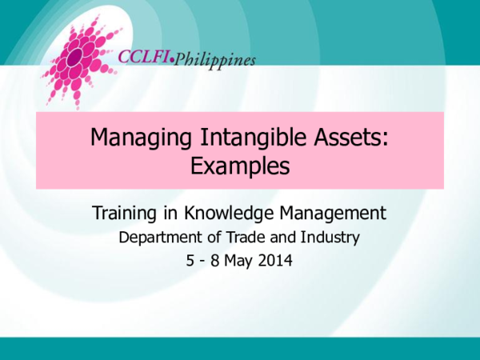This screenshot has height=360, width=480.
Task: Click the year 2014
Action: [x=276, y=260]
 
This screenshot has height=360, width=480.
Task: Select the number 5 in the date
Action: [x=189, y=260]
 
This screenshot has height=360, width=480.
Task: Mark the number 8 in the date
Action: [x=216, y=260]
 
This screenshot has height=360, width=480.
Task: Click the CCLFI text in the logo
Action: [x=146, y=58]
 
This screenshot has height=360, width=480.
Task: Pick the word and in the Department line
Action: [x=281, y=238]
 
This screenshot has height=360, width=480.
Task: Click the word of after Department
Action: [x=212, y=238]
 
